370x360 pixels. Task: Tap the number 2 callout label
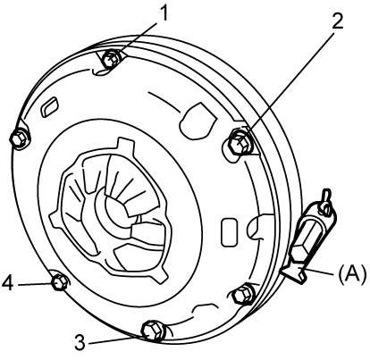click(x=337, y=21)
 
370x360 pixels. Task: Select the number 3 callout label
click(x=80, y=342)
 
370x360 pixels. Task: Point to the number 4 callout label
click(x=8, y=282)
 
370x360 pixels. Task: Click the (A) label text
click(x=352, y=274)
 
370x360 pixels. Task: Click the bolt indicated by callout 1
click(x=111, y=59)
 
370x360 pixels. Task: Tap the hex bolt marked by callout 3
click(x=153, y=331)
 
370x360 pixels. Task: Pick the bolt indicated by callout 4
click(x=60, y=281)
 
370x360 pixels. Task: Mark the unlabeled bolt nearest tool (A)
click(x=243, y=295)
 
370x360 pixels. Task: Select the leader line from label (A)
click(x=319, y=272)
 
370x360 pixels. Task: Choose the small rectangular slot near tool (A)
click(x=230, y=232)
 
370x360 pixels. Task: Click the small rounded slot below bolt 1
click(x=48, y=106)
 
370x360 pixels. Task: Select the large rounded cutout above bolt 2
click(x=198, y=121)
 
